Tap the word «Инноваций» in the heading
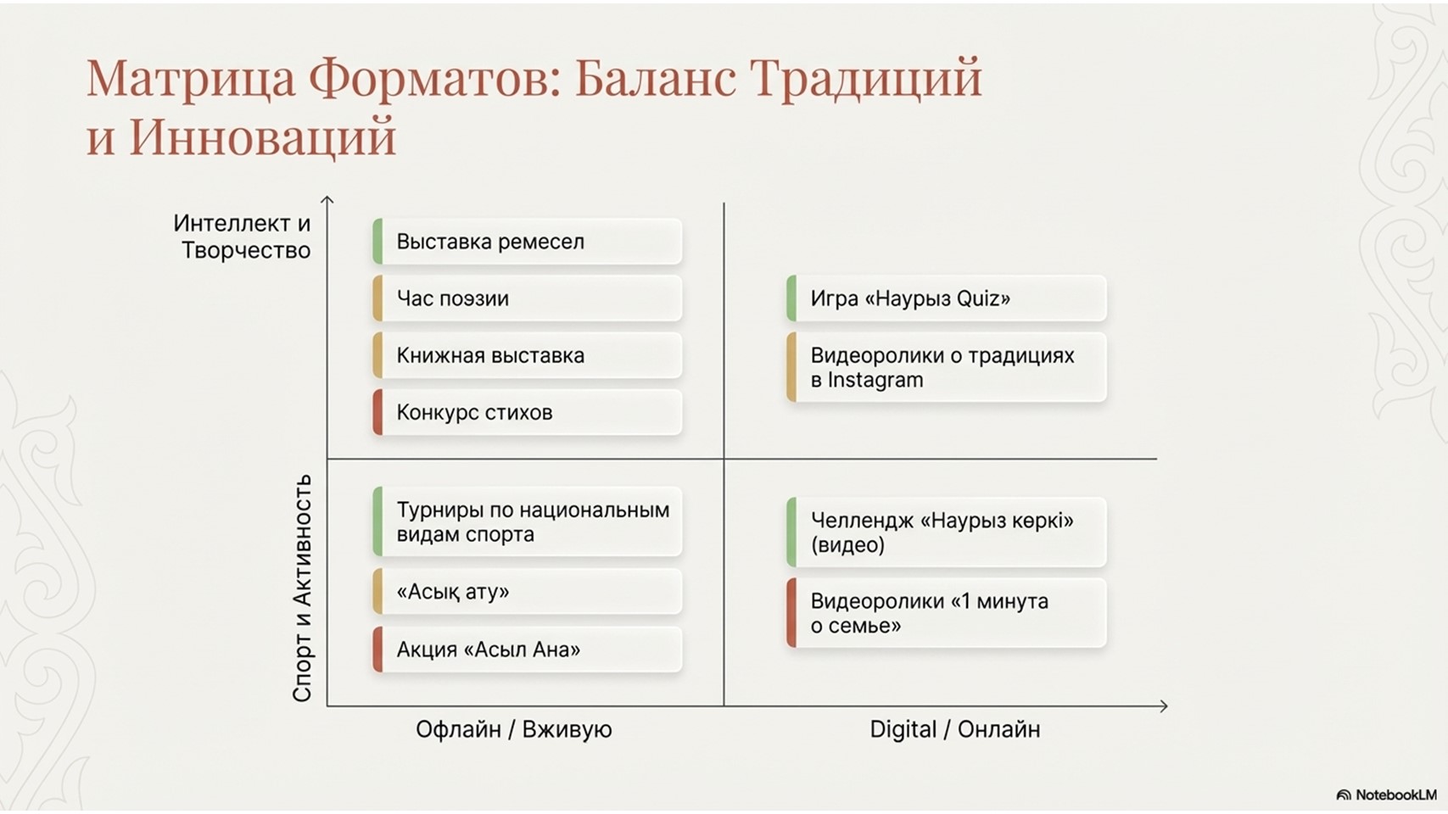262,137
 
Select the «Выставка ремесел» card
528,242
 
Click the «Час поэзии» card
528,298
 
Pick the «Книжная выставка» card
528,355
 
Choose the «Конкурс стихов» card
528,412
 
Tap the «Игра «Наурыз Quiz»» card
947,298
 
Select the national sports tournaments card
528,522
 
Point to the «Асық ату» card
528,592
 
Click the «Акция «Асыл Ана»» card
528,650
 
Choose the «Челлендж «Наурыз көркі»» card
947,532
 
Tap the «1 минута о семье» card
947,613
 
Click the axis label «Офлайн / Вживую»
514,729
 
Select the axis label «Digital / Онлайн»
955,729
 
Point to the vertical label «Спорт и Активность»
303,588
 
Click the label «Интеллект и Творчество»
242,237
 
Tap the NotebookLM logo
1386,794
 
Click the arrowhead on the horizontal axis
1164,706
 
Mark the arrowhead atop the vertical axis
327,199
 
